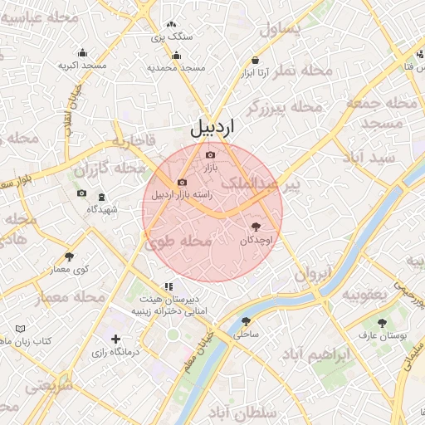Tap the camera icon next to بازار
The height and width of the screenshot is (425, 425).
click(209, 155)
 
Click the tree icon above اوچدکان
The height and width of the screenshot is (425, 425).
click(255, 227)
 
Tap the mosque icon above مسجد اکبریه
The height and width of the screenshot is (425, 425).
click(82, 52)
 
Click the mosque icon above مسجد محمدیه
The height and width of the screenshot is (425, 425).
click(175, 56)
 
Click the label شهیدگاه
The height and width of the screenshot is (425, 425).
click(102, 209)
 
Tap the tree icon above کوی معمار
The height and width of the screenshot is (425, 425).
click(69, 257)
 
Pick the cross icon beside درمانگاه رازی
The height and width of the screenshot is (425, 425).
click(115, 339)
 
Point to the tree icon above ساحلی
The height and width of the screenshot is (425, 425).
click(245, 321)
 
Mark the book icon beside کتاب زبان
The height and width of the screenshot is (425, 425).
click(22, 330)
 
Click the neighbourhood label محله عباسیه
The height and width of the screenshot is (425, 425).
click(39, 17)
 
